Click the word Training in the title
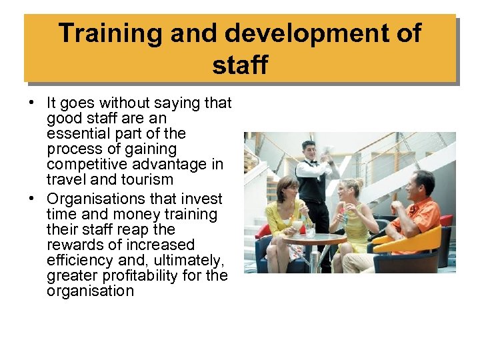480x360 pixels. point(104,33)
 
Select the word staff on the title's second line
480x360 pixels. point(240,65)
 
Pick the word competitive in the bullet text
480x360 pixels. point(88,164)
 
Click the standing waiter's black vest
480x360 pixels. point(312,188)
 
